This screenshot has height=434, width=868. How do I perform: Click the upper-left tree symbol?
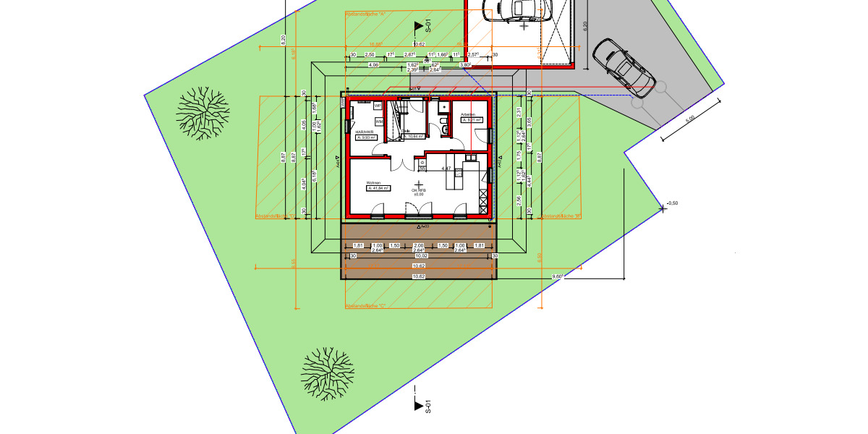click(x=202, y=109)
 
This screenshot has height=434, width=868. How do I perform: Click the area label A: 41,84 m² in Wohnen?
click(x=378, y=188)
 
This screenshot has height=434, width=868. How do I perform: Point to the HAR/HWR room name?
click(x=365, y=131)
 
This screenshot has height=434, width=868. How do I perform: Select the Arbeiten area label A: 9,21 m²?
click(x=472, y=121)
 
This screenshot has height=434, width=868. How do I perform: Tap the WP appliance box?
click(x=377, y=106)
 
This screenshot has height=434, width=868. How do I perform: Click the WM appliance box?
click(x=378, y=122)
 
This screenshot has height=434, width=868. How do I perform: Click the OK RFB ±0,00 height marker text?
click(x=419, y=192)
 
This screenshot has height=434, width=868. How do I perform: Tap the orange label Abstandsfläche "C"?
click(x=365, y=306)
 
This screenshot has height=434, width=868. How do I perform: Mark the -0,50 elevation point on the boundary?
click(x=673, y=203)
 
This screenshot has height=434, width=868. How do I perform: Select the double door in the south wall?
click(x=418, y=214)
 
